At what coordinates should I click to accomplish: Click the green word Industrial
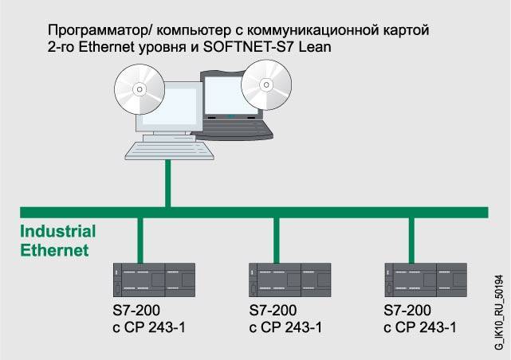(x=57, y=232)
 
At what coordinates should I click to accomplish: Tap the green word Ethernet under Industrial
(x=53, y=250)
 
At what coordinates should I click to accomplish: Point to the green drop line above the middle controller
(x=276, y=237)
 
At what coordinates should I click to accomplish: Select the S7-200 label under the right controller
(x=407, y=311)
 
